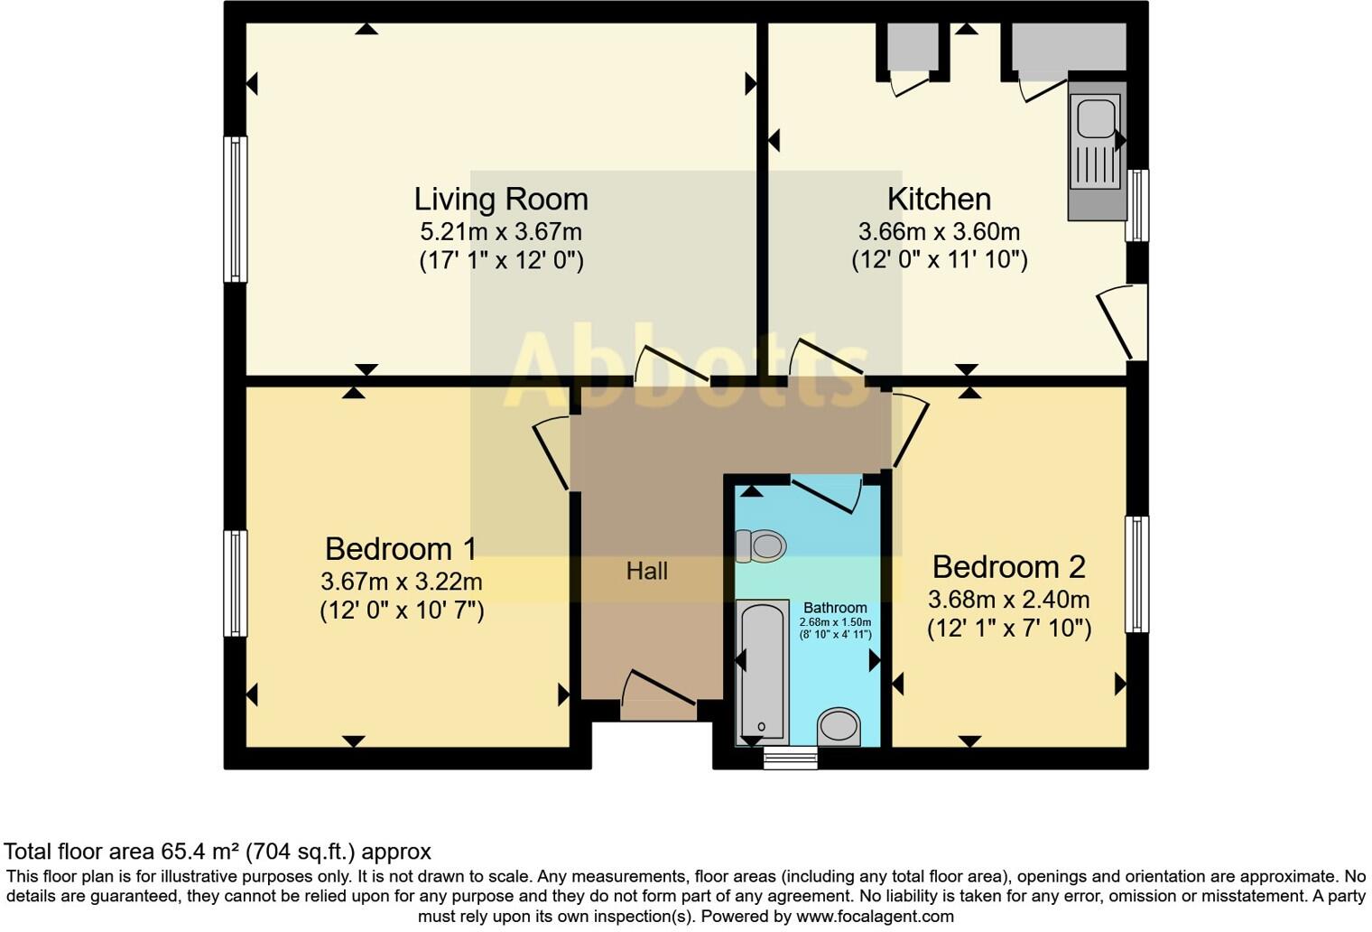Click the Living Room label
tap(501, 200)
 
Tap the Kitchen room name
tap(939, 200)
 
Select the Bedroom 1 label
tap(401, 549)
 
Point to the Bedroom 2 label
tap(1009, 567)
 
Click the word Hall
tap(647, 572)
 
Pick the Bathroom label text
tap(835, 608)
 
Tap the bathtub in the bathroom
tap(762, 672)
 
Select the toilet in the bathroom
tap(761, 545)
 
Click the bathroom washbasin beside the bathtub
tap(839, 728)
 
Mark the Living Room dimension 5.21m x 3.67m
tap(501, 232)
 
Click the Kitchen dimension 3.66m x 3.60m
tap(939, 232)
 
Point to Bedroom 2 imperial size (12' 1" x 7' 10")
tap(1009, 629)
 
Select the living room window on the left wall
tap(236, 210)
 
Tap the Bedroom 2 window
tap(1136, 574)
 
